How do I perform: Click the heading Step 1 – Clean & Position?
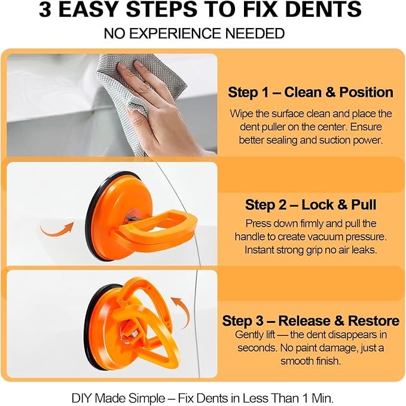310,93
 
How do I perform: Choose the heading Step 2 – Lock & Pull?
310,205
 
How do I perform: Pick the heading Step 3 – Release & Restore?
310,320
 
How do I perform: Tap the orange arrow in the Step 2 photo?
56,227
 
